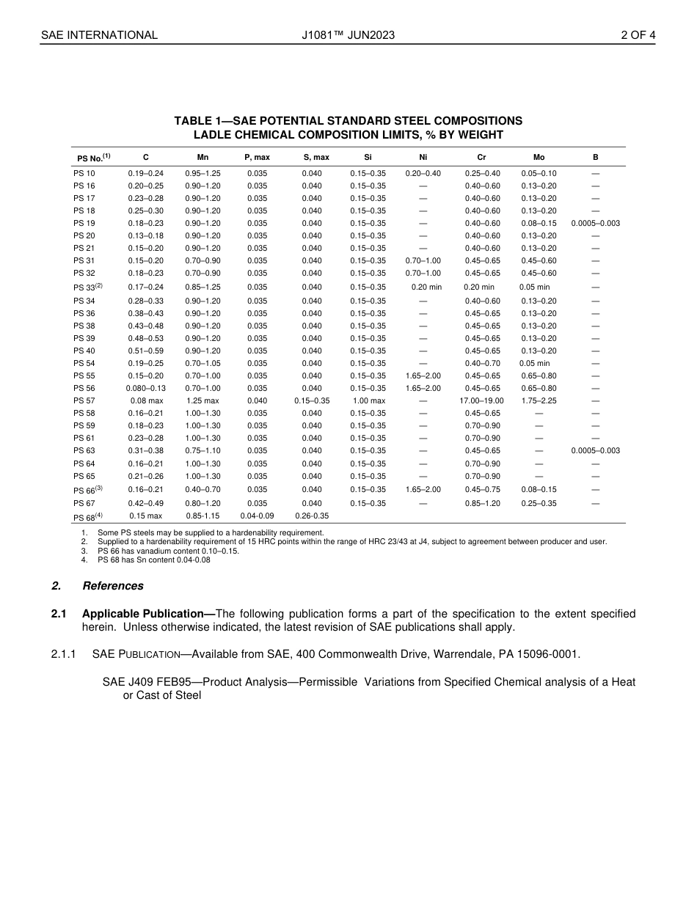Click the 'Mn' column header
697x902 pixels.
(x=202, y=157)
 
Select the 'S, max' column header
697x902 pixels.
(x=316, y=157)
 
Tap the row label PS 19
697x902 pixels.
(x=84, y=223)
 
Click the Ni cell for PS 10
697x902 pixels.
(x=423, y=173)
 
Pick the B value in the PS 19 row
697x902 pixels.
(x=595, y=223)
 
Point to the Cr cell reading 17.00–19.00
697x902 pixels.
(x=481, y=401)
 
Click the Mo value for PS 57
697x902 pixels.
(x=539, y=401)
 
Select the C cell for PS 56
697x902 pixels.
(x=146, y=389)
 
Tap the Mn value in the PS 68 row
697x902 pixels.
(x=202, y=516)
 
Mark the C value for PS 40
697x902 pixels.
(x=146, y=351)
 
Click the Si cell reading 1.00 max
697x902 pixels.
(x=368, y=401)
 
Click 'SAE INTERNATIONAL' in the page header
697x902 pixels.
(x=99, y=34)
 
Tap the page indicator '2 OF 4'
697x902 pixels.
(x=638, y=34)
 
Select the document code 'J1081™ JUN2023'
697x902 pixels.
(x=348, y=34)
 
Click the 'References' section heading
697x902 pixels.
(x=113, y=586)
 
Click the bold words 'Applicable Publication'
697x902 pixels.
(x=144, y=614)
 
